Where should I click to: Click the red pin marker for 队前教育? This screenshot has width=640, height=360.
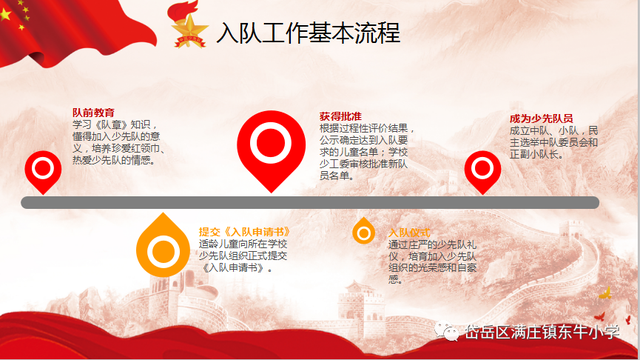click(41, 171)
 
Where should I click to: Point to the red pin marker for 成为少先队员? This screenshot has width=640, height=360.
click(484, 170)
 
